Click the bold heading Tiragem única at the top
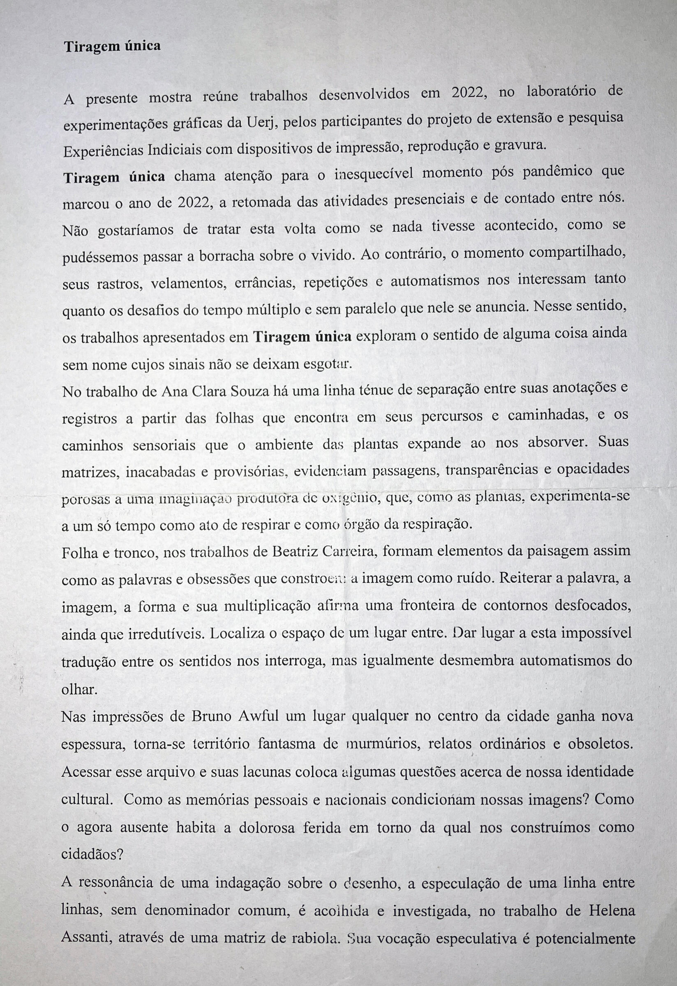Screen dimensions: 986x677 pos(112,46)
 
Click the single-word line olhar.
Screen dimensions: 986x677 pos(77,689)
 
